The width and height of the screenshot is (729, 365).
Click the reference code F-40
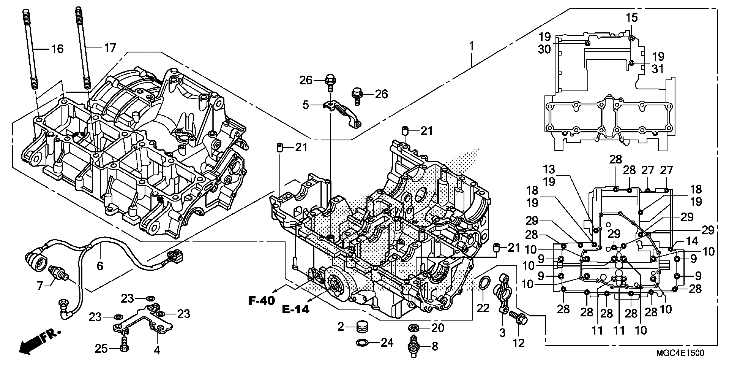tap(262, 300)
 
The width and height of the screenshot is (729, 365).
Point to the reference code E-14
tap(296, 309)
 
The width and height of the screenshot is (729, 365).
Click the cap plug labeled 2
tap(362, 327)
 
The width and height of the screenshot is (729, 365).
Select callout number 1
tap(471, 45)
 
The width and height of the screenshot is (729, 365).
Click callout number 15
tap(632, 18)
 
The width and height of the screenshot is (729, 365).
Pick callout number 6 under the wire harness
tap(100, 266)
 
